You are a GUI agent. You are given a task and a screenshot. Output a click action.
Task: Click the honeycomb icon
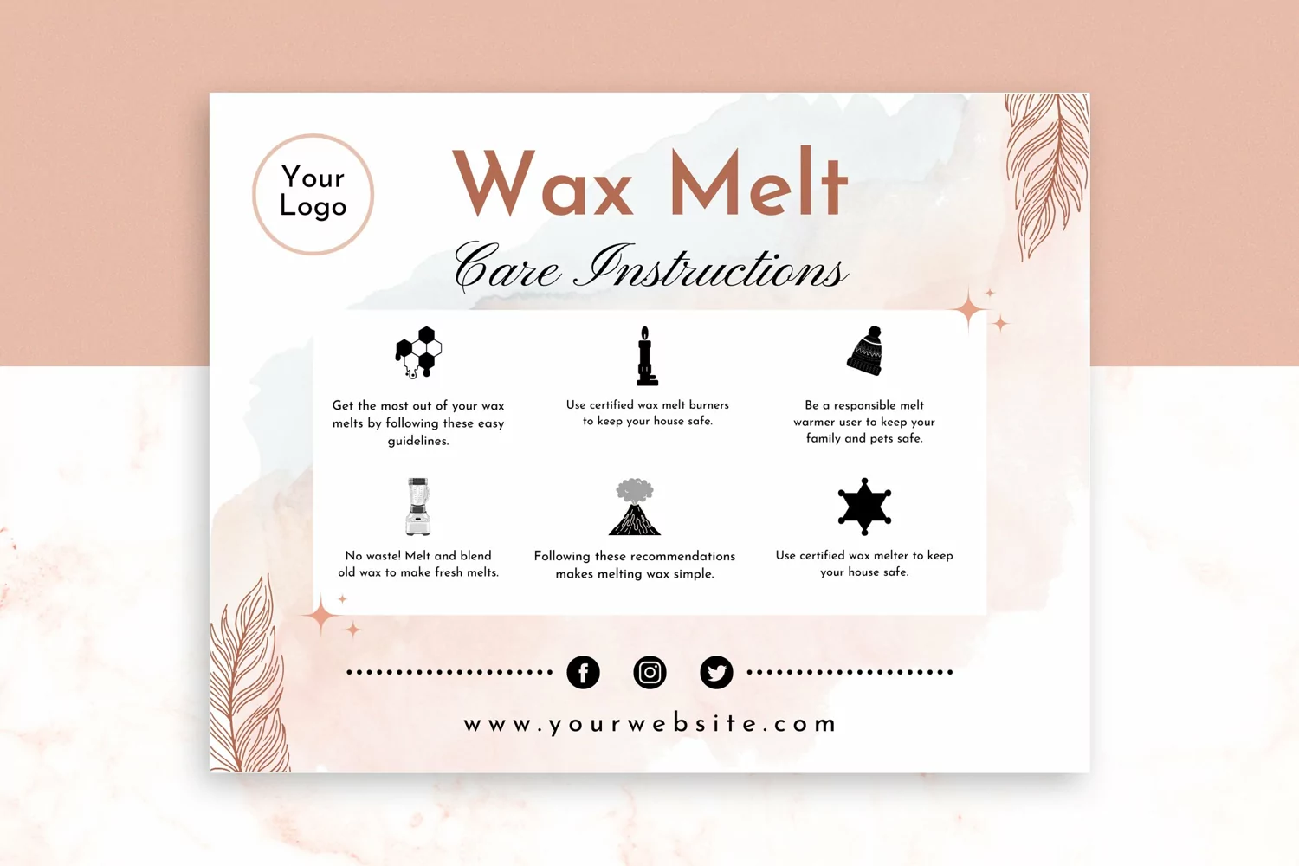[418, 352]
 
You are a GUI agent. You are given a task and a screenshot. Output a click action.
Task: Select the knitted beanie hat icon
[864, 351]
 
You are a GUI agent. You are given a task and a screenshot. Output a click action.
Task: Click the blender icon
[417, 507]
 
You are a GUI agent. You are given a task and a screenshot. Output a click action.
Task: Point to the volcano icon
[635, 507]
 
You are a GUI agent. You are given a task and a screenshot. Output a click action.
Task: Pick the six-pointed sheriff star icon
[864, 507]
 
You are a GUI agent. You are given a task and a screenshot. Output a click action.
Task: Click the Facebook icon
[583, 672]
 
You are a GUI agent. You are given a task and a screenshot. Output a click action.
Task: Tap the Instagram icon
[649, 672]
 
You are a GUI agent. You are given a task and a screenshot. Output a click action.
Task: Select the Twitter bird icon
[716, 672]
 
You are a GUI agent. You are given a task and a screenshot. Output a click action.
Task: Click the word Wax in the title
[543, 183]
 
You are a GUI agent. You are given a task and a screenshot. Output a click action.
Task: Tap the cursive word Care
[508, 268]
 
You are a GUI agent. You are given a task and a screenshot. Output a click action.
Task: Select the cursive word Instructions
[710, 267]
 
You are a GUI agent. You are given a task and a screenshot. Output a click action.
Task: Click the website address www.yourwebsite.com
[649, 725]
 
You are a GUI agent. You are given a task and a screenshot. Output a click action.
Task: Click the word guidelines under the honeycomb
[418, 441]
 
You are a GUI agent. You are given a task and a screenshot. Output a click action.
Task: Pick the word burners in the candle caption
[708, 405]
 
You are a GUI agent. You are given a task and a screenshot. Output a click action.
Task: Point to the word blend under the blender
[475, 556]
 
